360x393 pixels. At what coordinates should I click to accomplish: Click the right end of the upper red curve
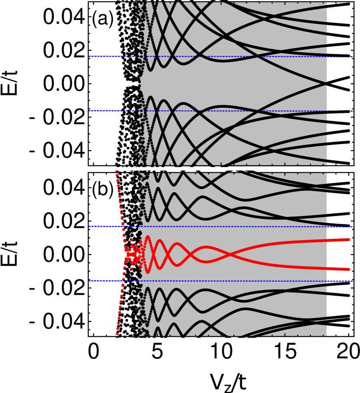(x=348, y=239)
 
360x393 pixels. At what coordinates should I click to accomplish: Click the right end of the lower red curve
(x=348, y=269)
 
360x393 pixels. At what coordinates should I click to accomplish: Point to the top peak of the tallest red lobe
(x=148, y=237)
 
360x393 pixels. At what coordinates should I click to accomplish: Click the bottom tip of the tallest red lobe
(x=148, y=272)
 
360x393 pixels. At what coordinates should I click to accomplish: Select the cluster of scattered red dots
(x=132, y=254)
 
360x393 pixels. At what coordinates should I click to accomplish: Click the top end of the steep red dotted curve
(x=116, y=171)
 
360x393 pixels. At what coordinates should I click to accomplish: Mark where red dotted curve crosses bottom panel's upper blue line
(x=122, y=226)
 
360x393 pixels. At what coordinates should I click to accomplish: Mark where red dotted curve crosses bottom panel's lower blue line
(x=123, y=281)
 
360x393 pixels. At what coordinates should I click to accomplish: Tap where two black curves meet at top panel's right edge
(x=326, y=83)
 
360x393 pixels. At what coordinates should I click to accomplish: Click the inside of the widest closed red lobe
(x=206, y=254)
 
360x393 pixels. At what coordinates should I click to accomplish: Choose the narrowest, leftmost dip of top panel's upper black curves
(x=151, y=69)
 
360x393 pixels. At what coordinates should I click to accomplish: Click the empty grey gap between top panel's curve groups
(x=195, y=84)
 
